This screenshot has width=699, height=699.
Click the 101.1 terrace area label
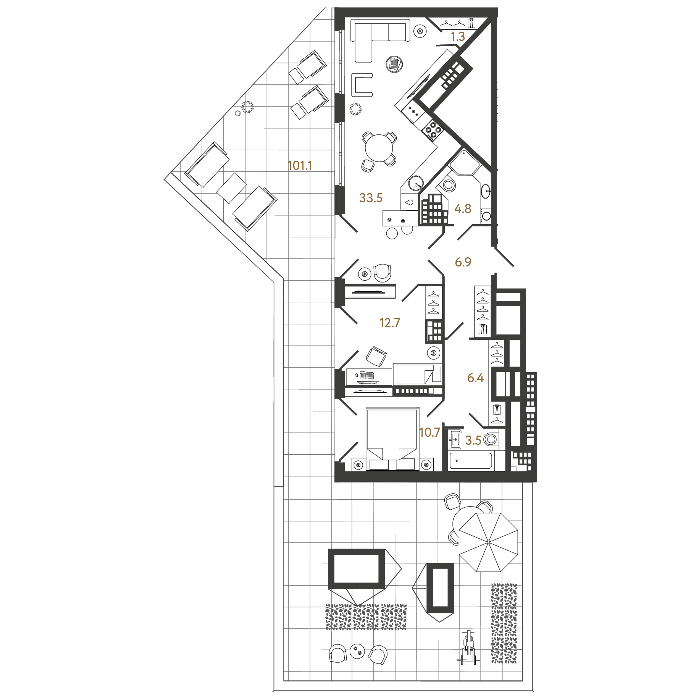300,166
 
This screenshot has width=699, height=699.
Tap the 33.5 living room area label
371,198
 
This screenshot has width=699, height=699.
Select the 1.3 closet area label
458,37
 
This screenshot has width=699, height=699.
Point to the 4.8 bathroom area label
463,208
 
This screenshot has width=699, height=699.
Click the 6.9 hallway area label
463,262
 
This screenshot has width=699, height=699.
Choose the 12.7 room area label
389,323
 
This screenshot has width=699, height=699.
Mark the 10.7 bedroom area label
429,433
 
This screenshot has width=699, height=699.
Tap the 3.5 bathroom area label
473,441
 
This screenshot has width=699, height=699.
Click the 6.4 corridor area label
475,378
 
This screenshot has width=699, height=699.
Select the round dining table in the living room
379,148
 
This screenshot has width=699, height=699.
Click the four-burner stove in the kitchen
433,130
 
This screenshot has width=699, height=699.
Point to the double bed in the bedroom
392,439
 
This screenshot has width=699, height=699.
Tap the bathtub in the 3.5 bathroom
471,461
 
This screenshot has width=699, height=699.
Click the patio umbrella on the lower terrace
488,542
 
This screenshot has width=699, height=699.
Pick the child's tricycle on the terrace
468,648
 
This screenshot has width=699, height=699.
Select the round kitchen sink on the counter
416,183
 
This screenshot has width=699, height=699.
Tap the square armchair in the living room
362,85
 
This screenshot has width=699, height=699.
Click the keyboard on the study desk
367,376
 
